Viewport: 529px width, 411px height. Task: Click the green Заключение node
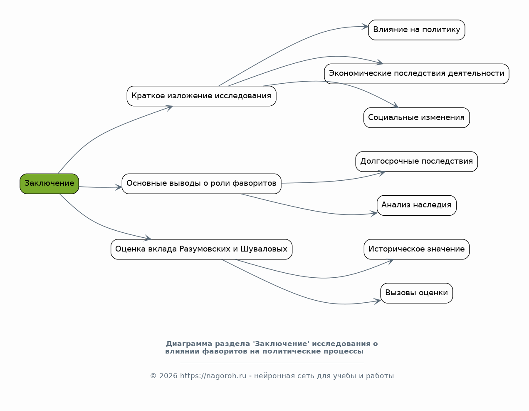coord(49,184)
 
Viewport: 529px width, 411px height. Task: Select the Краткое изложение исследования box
coord(201,96)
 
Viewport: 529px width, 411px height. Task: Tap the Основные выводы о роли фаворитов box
coord(201,184)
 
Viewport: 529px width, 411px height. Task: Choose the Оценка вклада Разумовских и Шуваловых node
coord(201,249)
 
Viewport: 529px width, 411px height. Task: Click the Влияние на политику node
coord(417,30)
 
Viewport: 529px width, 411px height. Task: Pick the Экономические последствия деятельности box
coord(417,74)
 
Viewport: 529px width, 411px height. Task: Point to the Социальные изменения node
coord(417,118)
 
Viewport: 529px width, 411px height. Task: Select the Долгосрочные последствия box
coord(417,162)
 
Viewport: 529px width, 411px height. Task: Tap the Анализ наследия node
coord(417,206)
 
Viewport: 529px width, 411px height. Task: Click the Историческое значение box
coord(417,249)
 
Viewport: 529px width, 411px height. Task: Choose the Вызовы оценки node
coord(417,293)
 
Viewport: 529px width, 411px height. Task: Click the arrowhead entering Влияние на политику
coord(365,26)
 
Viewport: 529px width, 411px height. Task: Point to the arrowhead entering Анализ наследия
coord(374,214)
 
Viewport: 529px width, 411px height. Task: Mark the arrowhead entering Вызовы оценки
coord(377,301)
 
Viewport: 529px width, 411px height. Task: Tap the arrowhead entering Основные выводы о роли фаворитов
coord(118,187)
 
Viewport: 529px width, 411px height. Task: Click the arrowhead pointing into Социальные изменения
coord(396,105)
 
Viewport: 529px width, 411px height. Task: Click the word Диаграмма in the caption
coord(189,344)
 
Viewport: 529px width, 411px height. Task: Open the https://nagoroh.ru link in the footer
coord(213,376)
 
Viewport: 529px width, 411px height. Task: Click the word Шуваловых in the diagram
coord(264,249)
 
